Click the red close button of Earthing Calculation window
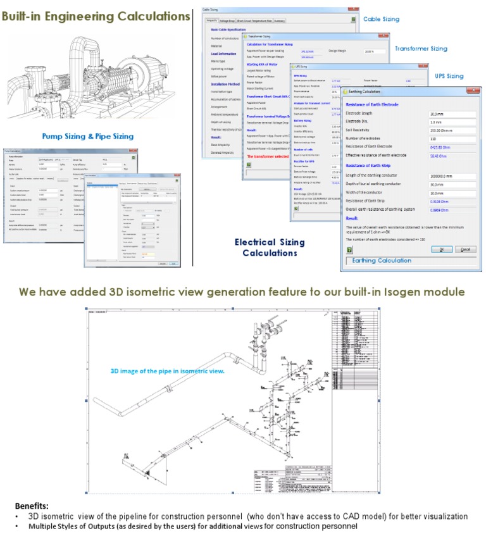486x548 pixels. [x=477, y=90]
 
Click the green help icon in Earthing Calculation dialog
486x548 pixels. [x=349, y=249]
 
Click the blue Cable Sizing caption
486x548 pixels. [x=381, y=19]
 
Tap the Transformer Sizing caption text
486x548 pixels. [x=421, y=48]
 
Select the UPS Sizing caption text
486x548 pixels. [x=449, y=76]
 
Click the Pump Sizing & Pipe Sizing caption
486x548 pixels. [x=87, y=136]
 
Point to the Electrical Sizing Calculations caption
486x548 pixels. [x=270, y=247]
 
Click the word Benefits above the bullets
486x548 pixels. [x=32, y=506]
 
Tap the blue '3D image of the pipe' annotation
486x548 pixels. [x=168, y=371]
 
